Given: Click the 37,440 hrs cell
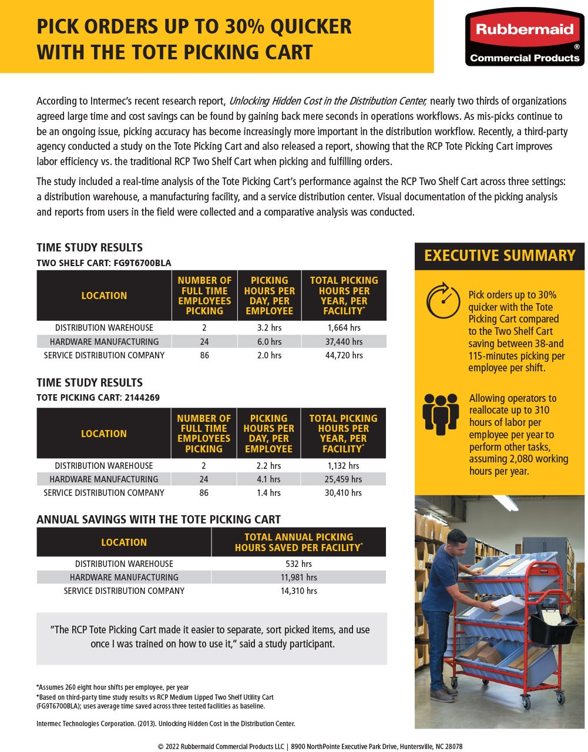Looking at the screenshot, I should click(x=344, y=341).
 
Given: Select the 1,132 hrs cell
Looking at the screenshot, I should click(x=343, y=465).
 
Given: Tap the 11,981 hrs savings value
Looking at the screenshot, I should click(x=298, y=577).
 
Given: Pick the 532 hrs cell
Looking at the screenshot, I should click(x=298, y=563).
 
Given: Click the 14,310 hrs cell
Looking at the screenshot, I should click(x=298, y=590).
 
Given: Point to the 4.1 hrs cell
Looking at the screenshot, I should click(x=268, y=479).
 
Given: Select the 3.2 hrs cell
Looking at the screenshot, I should click(x=269, y=327).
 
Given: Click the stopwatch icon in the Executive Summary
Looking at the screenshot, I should click(x=443, y=301).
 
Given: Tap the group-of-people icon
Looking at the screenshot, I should click(x=441, y=414).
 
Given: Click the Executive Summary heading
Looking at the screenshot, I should click(x=499, y=256).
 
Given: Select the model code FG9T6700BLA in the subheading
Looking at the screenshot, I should click(x=139, y=263).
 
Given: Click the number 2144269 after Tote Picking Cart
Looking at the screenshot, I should click(x=142, y=397).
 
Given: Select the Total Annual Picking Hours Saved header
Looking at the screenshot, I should click(x=298, y=542).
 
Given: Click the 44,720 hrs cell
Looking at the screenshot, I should click(x=344, y=355).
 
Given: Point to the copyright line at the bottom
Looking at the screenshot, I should click(x=310, y=746).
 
